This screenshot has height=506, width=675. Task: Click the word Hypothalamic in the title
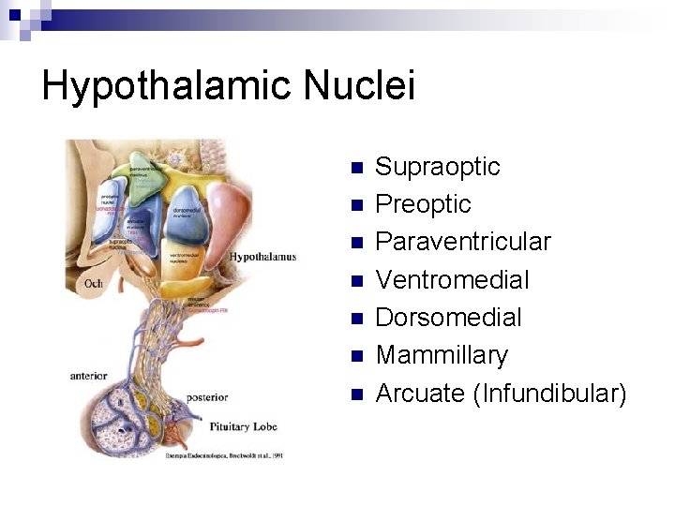[167, 86]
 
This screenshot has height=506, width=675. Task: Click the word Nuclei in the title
[359, 86]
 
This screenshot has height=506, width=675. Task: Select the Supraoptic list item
[437, 167]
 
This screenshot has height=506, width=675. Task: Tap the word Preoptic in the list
[423, 204]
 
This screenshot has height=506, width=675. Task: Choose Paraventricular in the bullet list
[463, 242]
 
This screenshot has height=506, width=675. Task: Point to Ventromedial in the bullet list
[452, 279]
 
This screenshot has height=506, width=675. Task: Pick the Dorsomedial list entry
[448, 317]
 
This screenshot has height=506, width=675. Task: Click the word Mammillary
[442, 355]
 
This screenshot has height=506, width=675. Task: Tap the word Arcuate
[420, 393]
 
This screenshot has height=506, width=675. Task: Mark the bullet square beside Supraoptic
[355, 169]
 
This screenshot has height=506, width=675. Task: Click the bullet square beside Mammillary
[355, 357]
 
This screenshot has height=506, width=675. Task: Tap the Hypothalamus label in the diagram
[262, 257]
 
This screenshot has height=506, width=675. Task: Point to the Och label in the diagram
[93, 283]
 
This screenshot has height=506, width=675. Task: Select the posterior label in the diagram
[206, 397]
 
